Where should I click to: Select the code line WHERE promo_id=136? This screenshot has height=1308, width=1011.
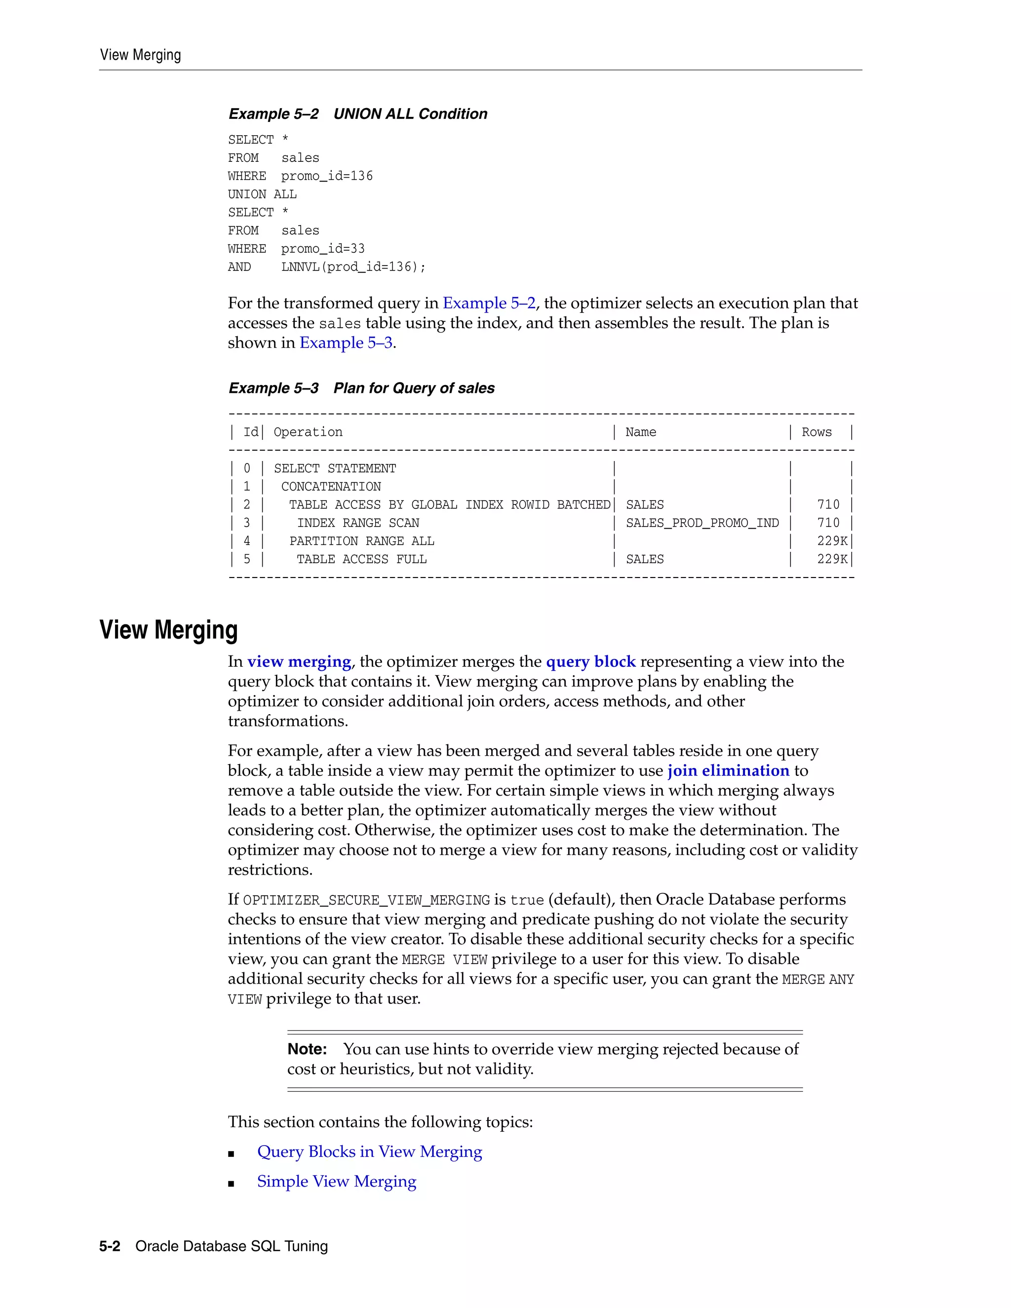tap(300, 176)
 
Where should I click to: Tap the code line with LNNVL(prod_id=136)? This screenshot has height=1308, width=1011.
tap(326, 267)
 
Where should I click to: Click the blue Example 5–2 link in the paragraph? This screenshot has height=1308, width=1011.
tap(489, 303)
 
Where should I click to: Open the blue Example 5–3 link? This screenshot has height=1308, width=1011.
tap(346, 343)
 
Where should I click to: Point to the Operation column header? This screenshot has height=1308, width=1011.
tap(308, 432)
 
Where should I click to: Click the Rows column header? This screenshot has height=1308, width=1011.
tap(817, 432)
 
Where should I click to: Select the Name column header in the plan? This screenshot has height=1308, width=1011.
tap(640, 432)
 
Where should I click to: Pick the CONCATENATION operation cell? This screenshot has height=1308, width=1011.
tap(331, 486)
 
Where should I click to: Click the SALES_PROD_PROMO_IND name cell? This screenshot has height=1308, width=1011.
tap(702, 523)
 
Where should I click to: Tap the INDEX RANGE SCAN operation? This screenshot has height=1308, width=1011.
tap(358, 523)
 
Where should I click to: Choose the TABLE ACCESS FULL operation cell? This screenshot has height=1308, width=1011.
tap(361, 559)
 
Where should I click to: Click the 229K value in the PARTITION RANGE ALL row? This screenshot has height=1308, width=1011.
tap(832, 541)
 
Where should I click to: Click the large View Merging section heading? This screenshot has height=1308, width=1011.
tap(168, 630)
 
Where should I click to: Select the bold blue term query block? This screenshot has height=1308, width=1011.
tap(590, 661)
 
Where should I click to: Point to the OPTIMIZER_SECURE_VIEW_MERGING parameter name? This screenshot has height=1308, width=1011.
tap(367, 900)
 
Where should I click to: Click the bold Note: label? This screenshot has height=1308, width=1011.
tap(307, 1049)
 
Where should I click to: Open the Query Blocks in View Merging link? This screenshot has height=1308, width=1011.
tap(370, 1151)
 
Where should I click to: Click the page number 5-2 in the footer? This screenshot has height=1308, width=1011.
tap(110, 1246)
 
